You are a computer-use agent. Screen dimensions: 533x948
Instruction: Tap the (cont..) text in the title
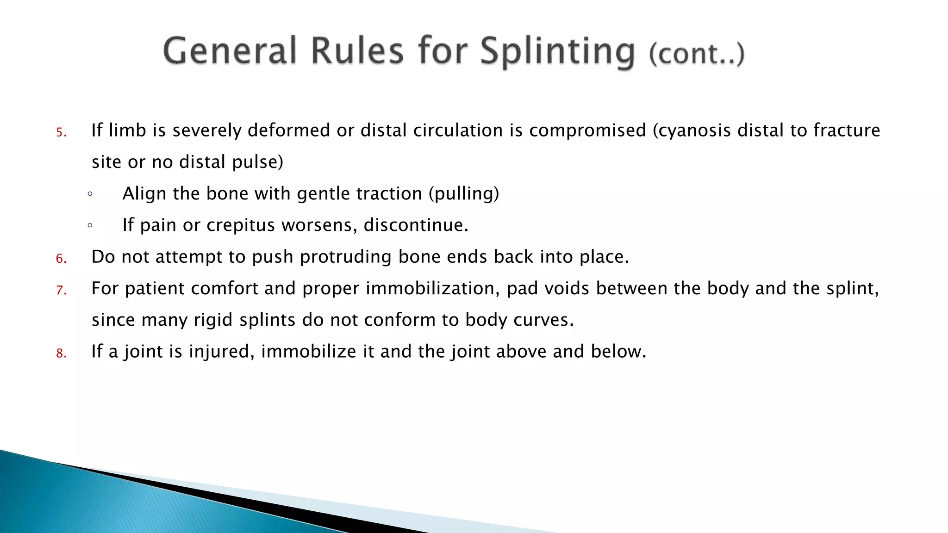[x=697, y=54]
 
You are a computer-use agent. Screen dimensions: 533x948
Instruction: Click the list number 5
[x=61, y=133]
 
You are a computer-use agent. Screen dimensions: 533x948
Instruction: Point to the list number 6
[x=61, y=259]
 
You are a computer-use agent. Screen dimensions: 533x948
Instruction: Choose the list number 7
[x=61, y=291]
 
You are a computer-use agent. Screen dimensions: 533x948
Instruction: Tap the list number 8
[x=61, y=354]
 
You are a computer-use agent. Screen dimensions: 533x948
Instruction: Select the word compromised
[x=587, y=131]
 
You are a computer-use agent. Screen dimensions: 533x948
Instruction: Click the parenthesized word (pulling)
[x=464, y=193]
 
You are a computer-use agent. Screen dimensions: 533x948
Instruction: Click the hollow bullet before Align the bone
[x=90, y=194]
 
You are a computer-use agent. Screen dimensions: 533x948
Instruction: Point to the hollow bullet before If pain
[x=90, y=225]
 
